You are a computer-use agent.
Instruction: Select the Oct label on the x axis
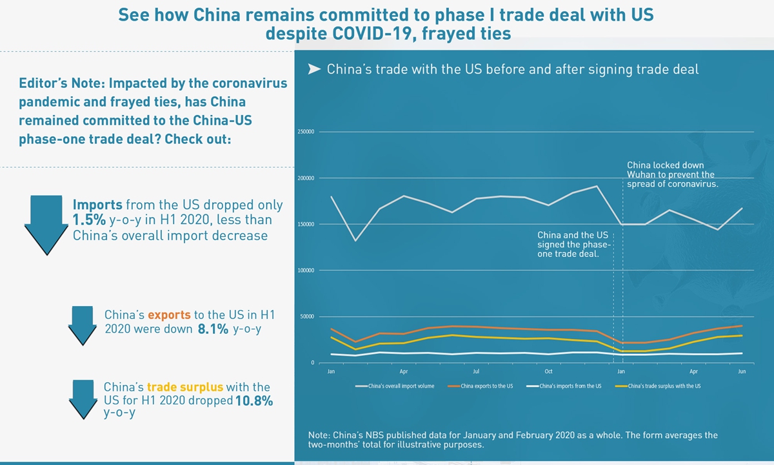pyautogui.click(x=548, y=372)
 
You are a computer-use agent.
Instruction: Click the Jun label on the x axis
pyautogui.click(x=742, y=372)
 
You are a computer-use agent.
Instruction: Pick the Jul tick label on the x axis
pyautogui.click(x=476, y=372)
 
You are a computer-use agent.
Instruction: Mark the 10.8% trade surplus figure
pyautogui.click(x=254, y=401)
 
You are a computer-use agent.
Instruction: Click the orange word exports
pyautogui.click(x=169, y=315)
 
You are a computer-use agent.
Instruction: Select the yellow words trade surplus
pyautogui.click(x=184, y=387)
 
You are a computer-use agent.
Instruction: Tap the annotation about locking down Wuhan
pyautogui.click(x=672, y=174)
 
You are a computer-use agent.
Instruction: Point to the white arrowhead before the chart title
pyautogui.click(x=314, y=69)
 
